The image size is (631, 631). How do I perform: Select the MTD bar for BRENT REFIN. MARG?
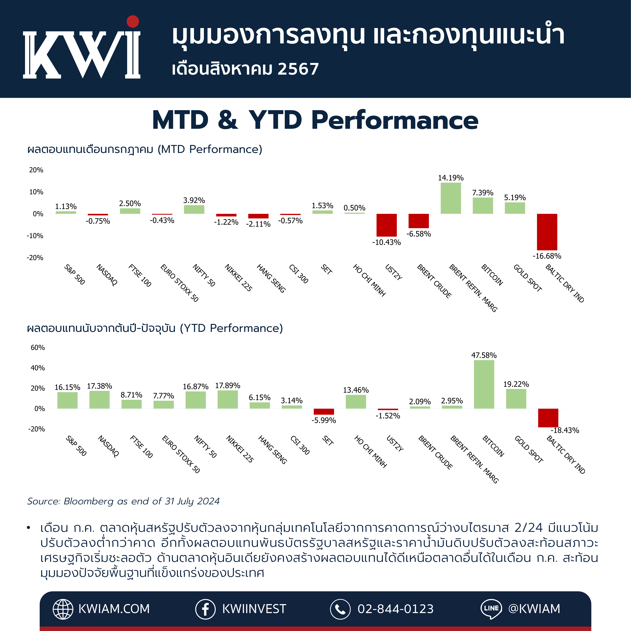tap(451, 198)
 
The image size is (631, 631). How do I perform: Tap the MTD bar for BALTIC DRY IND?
tap(547, 232)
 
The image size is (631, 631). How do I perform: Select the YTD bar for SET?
tap(324, 412)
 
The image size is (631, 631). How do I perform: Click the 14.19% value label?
tap(451, 178)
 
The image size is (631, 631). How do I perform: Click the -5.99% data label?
tap(324, 420)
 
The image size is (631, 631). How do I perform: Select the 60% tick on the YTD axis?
tap(38, 348)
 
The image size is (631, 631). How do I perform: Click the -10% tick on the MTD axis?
tap(35, 236)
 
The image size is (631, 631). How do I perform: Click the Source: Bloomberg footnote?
tap(123, 501)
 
